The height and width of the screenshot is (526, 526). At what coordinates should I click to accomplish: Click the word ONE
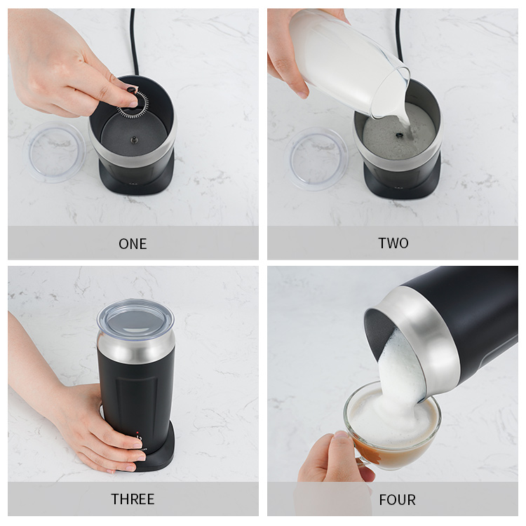(x=133, y=244)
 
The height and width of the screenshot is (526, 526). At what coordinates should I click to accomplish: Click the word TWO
(x=393, y=243)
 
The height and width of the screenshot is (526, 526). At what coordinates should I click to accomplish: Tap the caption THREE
(x=133, y=499)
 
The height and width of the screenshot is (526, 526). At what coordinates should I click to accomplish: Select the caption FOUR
(x=397, y=500)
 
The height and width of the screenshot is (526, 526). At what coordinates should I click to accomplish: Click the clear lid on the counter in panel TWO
(x=317, y=159)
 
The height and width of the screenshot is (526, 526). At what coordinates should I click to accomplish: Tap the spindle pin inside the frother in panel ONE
(x=134, y=140)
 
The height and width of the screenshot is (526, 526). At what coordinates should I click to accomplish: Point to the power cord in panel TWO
(x=399, y=37)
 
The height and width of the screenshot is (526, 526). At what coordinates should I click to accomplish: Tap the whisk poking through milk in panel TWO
(x=400, y=135)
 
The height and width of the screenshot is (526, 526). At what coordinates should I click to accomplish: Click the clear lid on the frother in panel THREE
(x=136, y=317)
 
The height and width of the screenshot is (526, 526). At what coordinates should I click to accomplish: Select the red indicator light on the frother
(x=137, y=432)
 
